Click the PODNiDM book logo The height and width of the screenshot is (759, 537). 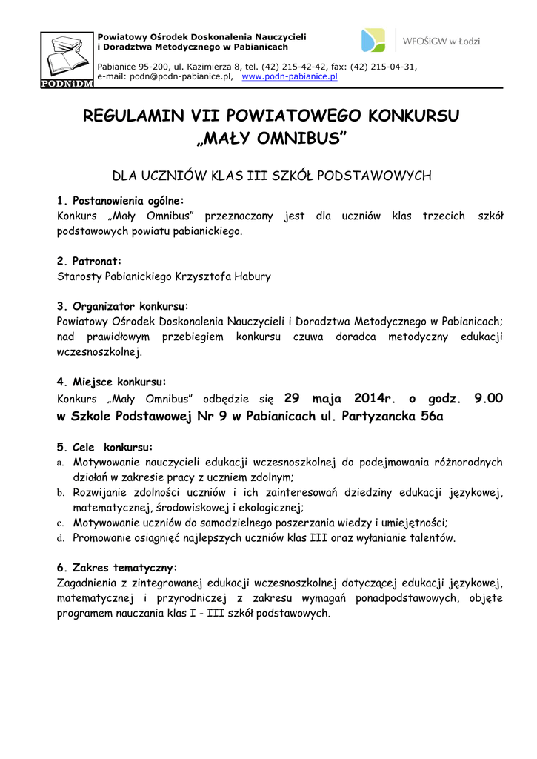pos(67,59)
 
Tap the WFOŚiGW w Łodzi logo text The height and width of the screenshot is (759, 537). pos(443,41)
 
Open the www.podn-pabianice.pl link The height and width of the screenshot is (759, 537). pos(290,76)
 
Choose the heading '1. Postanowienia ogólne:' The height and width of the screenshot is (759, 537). pos(120,200)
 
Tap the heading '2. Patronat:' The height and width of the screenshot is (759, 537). pos(89,262)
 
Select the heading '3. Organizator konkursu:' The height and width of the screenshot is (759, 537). pos(122,306)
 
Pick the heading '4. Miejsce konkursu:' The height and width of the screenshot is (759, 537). pos(111,382)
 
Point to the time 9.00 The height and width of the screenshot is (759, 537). pos(488,398)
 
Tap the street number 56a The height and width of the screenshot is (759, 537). pos(432,416)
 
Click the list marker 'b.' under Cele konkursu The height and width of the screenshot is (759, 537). pos(61,493)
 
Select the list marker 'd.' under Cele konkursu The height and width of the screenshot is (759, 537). pos(61,538)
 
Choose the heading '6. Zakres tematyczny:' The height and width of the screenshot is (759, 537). pos(117,568)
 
